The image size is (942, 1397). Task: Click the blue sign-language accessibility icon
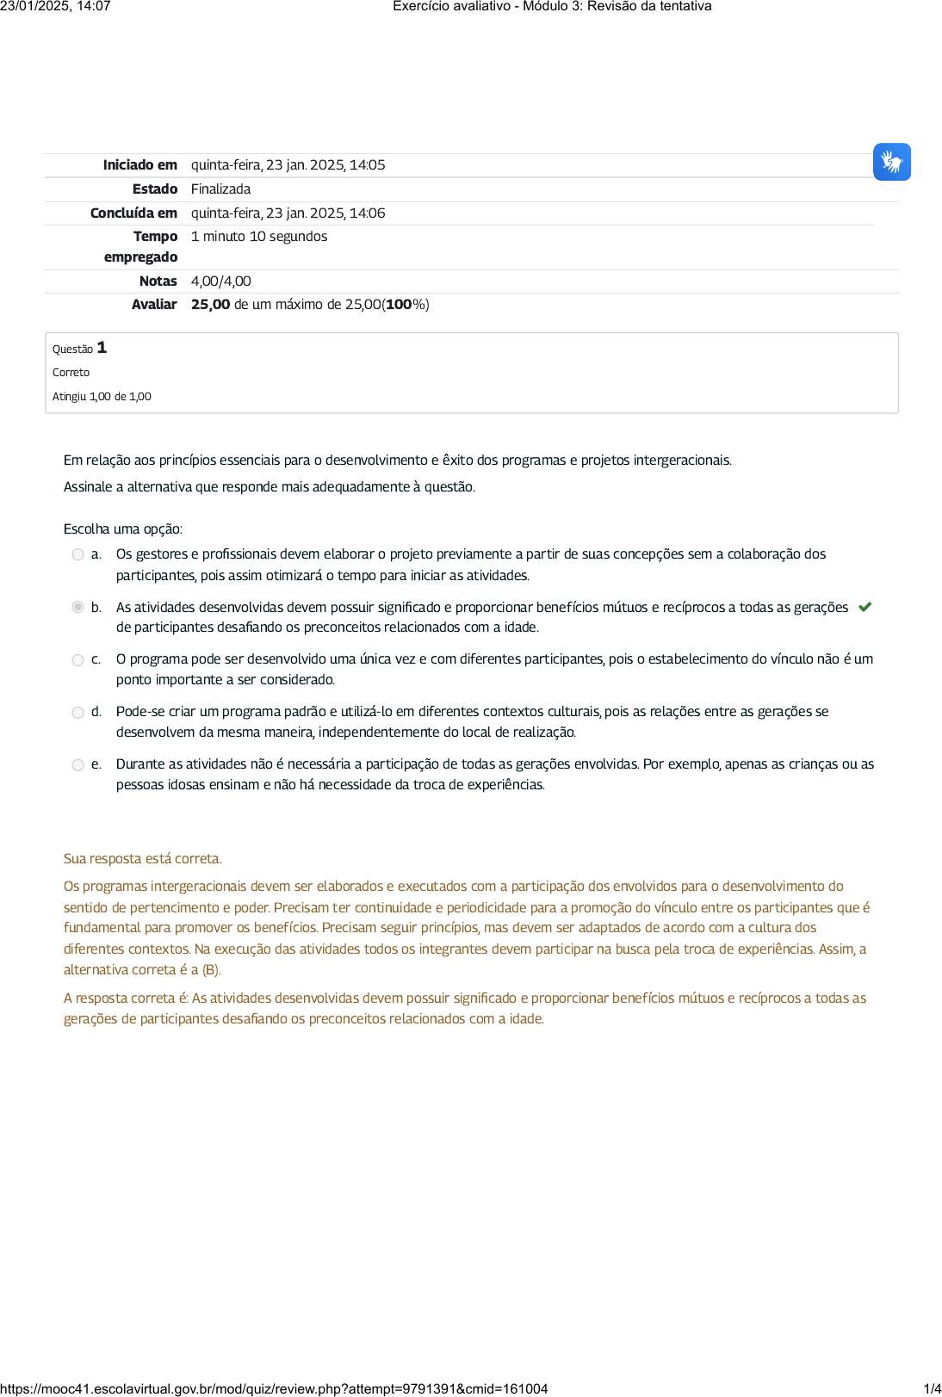[891, 162]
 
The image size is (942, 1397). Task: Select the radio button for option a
[78, 555]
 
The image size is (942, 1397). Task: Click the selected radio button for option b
[78, 608]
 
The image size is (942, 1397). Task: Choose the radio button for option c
[78, 660]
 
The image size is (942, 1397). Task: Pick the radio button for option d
[78, 713]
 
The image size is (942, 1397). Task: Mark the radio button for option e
[78, 765]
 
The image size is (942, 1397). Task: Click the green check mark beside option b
[865, 607]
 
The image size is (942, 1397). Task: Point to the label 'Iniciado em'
[139, 165]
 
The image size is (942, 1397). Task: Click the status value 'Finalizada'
[220, 189]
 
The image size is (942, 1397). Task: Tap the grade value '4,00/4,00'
[220, 281]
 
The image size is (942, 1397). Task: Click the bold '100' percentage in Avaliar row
[399, 305]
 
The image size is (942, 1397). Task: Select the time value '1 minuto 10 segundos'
[258, 237]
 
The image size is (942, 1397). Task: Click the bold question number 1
[102, 348]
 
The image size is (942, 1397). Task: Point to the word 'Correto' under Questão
[71, 373]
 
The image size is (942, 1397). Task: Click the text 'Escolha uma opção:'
[123, 529]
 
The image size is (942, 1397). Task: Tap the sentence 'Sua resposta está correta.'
[143, 859]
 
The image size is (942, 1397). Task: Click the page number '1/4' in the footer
[932, 1388]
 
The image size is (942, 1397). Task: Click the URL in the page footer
[274, 1388]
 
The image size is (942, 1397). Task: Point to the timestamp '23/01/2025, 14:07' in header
[56, 7]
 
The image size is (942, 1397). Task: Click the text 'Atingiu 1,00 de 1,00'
[102, 397]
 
